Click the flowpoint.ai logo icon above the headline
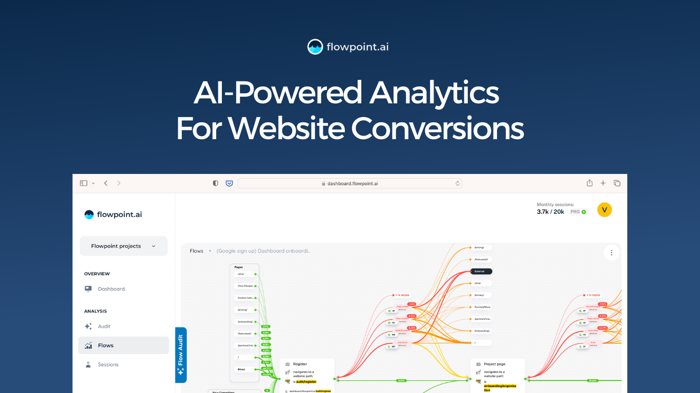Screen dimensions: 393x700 click(x=315, y=47)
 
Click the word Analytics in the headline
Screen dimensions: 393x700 click(x=434, y=93)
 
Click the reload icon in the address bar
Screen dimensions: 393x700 click(x=457, y=183)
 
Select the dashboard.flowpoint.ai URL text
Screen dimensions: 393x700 click(x=353, y=183)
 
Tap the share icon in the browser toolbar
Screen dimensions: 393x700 click(x=589, y=183)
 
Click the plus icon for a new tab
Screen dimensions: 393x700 click(x=603, y=183)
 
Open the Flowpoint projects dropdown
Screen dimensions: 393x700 click(x=123, y=246)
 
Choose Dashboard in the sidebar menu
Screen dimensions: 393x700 click(x=111, y=289)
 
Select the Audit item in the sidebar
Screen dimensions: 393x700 click(x=104, y=326)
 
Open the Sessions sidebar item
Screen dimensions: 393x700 click(x=108, y=365)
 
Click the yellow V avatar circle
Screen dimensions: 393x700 click(x=605, y=209)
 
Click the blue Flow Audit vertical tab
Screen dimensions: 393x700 click(x=181, y=355)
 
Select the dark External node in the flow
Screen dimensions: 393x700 click(x=481, y=271)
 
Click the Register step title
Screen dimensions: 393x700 click(x=300, y=364)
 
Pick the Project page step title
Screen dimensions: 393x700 click(x=494, y=364)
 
